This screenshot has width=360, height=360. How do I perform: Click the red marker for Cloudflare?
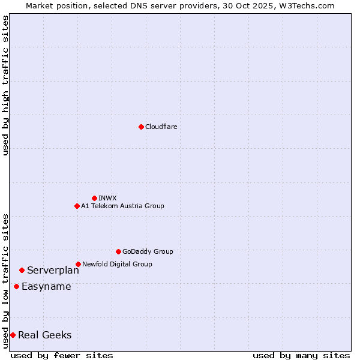coord(141,127)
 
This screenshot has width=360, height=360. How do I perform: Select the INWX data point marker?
coord(94,198)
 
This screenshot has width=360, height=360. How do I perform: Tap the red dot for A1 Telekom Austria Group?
coord(77,206)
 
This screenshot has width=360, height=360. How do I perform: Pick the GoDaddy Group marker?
coord(118,251)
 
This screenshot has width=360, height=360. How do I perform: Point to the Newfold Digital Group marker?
coord(78,264)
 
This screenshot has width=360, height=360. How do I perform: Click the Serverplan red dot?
coord(22,270)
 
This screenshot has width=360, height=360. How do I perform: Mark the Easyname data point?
coord(16,286)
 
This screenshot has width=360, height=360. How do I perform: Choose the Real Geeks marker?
coord(13,335)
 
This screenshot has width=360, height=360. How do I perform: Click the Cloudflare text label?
coord(161,127)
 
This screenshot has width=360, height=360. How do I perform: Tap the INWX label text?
coord(107,198)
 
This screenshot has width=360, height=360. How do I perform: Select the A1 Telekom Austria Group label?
coord(122,206)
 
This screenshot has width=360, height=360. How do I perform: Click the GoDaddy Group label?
coord(148,251)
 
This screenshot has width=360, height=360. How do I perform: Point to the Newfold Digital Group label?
coord(117,264)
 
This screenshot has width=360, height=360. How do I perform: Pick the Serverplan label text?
coord(53,270)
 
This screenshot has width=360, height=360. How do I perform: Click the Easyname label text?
coord(46,286)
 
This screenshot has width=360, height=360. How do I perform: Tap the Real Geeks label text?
coord(44,335)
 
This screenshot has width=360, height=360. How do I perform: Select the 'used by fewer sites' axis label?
coord(62,355)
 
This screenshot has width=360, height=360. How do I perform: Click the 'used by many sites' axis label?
coord(301,355)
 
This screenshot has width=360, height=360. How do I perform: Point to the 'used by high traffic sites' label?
coord(5,85)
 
